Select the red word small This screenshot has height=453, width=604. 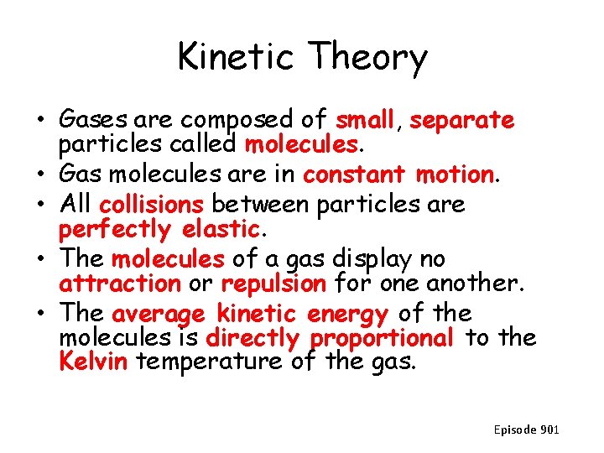pos(364,121)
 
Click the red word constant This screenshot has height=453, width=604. pos(355,174)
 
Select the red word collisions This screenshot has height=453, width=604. pos(151,204)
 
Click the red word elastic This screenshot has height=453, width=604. pos(219,228)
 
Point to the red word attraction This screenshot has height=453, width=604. pos(120,284)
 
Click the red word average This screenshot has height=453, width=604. pos(158,315)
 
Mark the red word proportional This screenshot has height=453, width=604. pos(381,339)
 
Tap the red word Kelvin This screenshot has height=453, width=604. pos(93,362)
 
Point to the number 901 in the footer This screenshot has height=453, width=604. pos(549,430)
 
